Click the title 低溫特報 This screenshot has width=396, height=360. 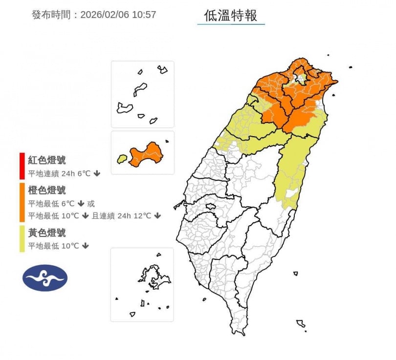(231, 15)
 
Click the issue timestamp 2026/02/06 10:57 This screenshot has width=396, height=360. (118, 15)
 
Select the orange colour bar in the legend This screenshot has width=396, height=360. (22, 202)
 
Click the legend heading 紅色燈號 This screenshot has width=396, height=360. (46, 160)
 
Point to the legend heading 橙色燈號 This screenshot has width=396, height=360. (46, 190)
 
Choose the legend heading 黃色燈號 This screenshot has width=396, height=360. (46, 233)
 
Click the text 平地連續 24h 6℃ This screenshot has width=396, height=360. (59, 173)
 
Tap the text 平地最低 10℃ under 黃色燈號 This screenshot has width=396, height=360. (53, 246)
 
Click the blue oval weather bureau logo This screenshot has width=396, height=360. (45, 278)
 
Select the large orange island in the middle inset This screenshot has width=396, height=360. (146, 154)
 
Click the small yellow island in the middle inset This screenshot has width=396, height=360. (122, 159)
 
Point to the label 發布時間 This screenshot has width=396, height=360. (51, 15)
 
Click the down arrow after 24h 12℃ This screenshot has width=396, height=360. (157, 215)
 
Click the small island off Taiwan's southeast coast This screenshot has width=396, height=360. (301, 323)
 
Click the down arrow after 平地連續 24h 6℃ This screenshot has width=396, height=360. (97, 173)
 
